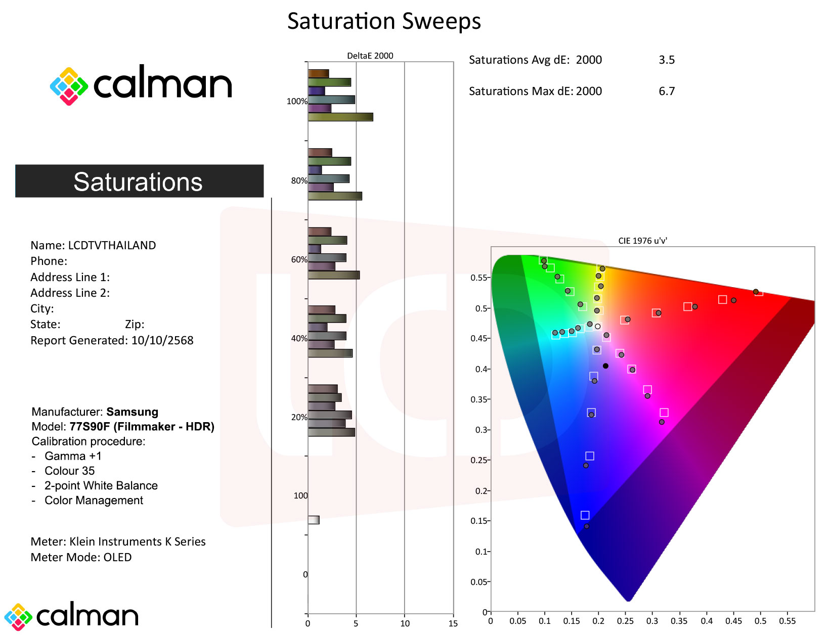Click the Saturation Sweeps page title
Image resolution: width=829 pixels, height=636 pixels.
[384, 21]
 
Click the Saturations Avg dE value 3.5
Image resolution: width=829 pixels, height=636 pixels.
[666, 60]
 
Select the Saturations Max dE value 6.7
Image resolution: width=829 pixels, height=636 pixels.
[666, 92]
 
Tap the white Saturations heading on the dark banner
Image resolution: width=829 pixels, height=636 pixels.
[138, 181]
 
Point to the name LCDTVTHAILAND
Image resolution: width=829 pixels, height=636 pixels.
[112, 245]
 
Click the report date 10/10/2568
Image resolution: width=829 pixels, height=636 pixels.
[162, 340]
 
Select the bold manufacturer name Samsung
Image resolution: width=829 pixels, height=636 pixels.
[132, 412]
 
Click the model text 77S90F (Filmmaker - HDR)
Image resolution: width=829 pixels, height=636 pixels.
[142, 427]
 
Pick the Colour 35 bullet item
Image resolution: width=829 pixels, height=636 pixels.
[69, 471]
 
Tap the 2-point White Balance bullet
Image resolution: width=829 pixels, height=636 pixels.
[101, 485]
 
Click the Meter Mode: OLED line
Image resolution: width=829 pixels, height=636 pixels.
[81, 557]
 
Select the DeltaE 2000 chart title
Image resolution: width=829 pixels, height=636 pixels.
[370, 56]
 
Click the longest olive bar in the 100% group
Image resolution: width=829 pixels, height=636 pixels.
[340, 117]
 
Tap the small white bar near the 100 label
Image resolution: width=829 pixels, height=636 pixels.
[314, 520]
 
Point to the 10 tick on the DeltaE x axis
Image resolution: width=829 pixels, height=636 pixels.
[405, 623]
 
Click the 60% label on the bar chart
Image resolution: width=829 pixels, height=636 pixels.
[299, 259]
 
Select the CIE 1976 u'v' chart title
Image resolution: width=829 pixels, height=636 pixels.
[642, 241]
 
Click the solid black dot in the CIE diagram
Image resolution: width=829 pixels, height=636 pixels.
[605, 366]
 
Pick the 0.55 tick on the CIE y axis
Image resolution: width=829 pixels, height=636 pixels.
[478, 278]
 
